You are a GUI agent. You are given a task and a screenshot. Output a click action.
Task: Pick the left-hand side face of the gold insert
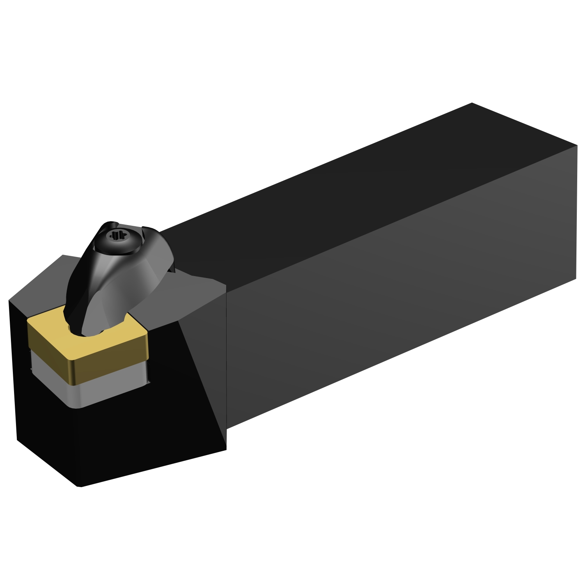click(x=47, y=353)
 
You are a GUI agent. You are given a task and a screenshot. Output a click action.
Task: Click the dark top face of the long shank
click(x=351, y=187)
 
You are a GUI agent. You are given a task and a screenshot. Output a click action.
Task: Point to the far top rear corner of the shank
click(x=472, y=103)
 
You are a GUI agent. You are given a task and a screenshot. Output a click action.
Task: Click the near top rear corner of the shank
click(x=577, y=145)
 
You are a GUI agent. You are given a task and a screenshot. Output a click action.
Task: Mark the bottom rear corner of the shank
click(x=576, y=278)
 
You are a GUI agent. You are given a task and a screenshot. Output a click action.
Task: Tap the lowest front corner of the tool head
click(x=79, y=486)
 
